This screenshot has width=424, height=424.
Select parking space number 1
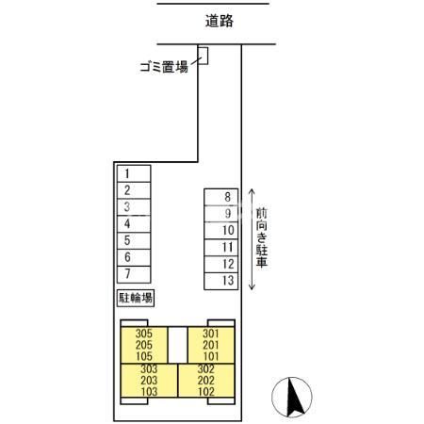pyautogui.click(x=126, y=173)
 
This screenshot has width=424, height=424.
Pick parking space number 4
pyautogui.click(x=126, y=224)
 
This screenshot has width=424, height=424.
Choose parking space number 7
pyautogui.click(x=126, y=274)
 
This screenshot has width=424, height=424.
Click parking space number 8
pyautogui.click(x=228, y=197)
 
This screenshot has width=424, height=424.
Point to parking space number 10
pyautogui.click(x=228, y=231)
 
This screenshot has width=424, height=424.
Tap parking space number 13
pyautogui.click(x=228, y=281)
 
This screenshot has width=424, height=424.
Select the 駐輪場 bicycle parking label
pyautogui.click(x=136, y=298)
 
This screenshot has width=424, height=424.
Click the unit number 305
pyautogui.click(x=144, y=333)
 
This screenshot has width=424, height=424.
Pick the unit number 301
pyautogui.click(x=210, y=333)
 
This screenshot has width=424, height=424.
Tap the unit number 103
pyautogui.click(x=148, y=391)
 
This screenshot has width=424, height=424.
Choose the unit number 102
pyautogui.click(x=205, y=391)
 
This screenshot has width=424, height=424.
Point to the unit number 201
pyautogui.click(x=210, y=344)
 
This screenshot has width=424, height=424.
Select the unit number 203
pyautogui.click(x=148, y=380)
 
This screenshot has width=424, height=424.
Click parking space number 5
pyautogui.click(x=126, y=240)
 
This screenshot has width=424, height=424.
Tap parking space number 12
pyautogui.click(x=228, y=264)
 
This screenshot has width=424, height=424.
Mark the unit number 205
pyautogui.click(x=144, y=344)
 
